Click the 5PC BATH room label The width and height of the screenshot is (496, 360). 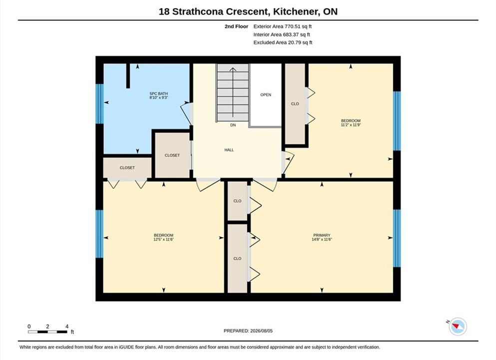coord(158,93)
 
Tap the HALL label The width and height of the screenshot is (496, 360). coord(229,150)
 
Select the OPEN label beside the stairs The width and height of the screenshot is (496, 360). coord(266,94)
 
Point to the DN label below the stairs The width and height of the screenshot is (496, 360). coord(233,125)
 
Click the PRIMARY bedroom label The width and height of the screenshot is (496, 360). coord(322,235)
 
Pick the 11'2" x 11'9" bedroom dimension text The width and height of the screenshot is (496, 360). coord(351,124)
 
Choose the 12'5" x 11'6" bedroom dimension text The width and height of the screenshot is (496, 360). coord(163,239)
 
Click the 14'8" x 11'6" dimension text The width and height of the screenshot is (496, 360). coord(322,239)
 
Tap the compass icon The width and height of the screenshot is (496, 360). coord(458,326)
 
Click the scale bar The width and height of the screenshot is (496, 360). coord(47,332)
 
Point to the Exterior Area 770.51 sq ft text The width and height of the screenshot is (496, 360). coord(283,26)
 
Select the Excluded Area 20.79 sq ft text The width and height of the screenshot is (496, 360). coord(283,42)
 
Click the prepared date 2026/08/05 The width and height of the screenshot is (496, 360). coord(261,330)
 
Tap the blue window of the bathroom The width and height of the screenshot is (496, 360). coord(99,103)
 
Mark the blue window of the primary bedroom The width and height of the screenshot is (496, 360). coord(397,238)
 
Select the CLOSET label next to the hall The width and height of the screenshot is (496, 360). coord(172,155)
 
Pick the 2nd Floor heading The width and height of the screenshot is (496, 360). coord(236,26)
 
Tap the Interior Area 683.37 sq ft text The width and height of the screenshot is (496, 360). coord(282,34)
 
